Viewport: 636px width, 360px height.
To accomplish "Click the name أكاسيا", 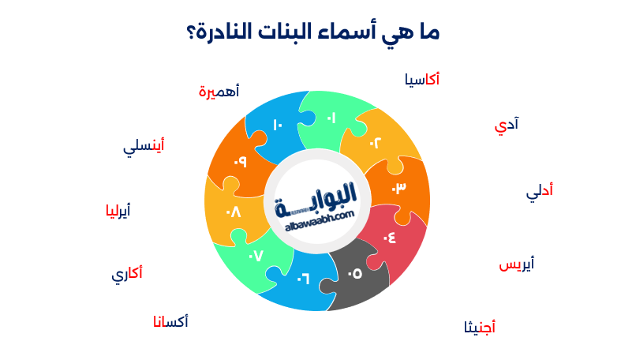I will [421, 80].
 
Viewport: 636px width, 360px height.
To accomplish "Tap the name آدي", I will [507, 125].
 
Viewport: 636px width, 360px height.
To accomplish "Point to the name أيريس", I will [517, 264].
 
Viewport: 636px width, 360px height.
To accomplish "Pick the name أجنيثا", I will [480, 327].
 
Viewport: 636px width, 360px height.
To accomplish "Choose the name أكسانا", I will [170, 322].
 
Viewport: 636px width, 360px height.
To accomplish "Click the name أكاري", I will [127, 275].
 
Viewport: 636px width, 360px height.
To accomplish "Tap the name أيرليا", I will [118, 211].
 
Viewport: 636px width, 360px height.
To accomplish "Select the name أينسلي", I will [144, 146].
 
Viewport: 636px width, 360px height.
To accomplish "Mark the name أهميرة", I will [219, 92].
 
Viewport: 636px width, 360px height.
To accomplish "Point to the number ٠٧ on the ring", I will [255, 256].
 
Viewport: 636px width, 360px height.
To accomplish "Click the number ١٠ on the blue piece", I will [277, 125].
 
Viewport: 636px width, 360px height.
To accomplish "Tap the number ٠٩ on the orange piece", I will [240, 162].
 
